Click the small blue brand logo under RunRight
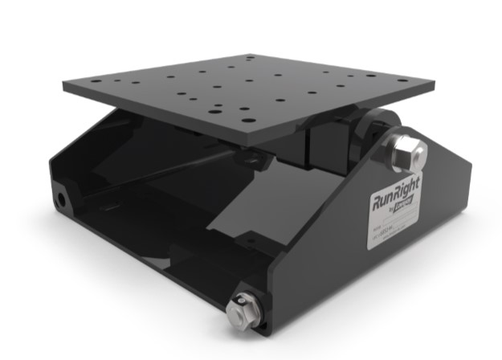click(401, 211)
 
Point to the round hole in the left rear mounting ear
click(61, 197)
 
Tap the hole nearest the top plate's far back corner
click(250, 58)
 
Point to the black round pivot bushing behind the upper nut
click(371, 129)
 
